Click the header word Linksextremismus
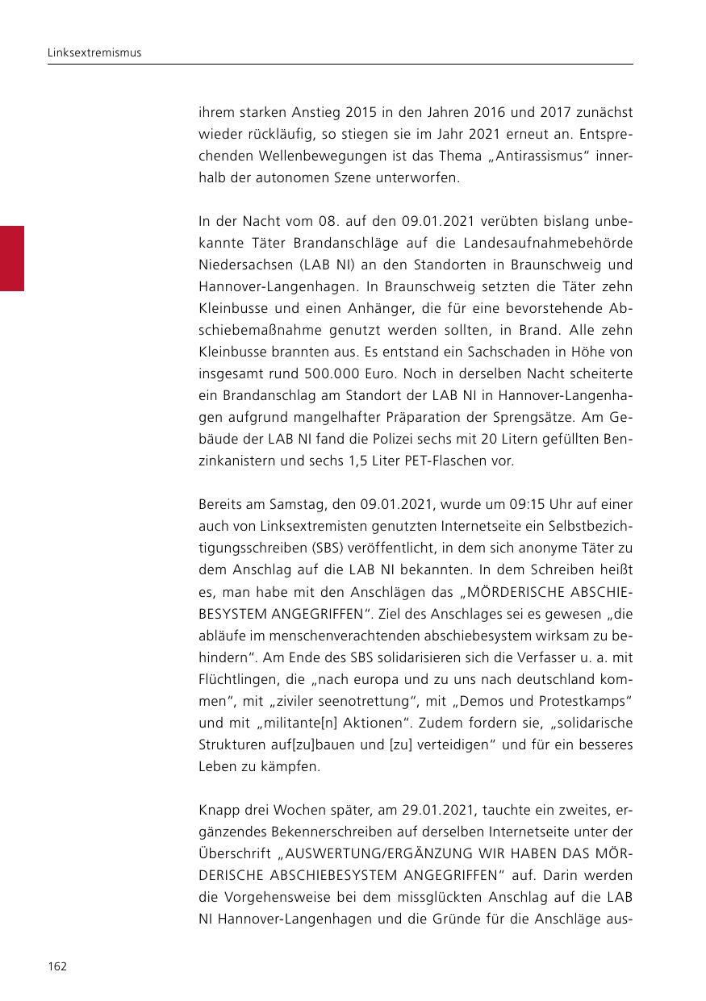[x=94, y=52]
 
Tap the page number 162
[x=56, y=966]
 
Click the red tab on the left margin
[x=12, y=258]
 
